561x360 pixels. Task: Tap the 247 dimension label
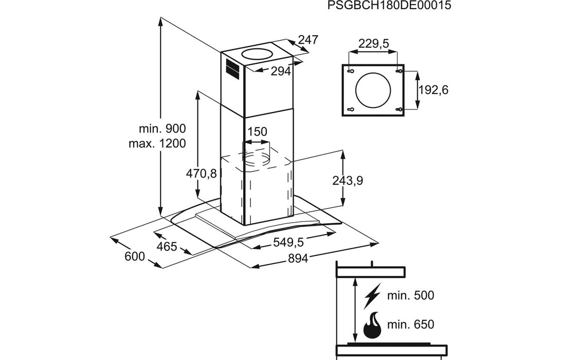tap(309, 40)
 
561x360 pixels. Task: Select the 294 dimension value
tap(281, 71)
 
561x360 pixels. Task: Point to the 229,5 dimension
tap(373, 44)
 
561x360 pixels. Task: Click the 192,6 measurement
tap(433, 90)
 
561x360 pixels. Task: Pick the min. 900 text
tap(162, 129)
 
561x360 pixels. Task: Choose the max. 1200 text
tap(157, 143)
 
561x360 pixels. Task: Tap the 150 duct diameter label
tap(257, 132)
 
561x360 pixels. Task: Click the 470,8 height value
tap(201, 173)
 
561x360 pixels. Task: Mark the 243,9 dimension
tap(348, 181)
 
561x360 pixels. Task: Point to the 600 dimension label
tap(135, 256)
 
